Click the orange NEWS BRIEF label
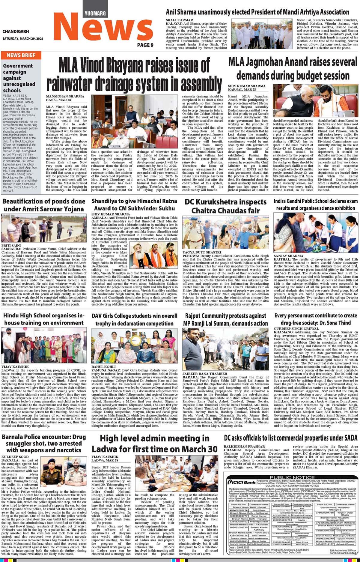(x=21, y=55)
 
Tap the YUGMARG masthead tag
(x=95, y=13)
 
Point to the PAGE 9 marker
(x=145, y=45)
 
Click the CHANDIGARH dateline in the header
(x=16, y=31)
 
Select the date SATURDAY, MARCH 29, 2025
(x=23, y=39)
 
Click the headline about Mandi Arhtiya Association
(x=257, y=12)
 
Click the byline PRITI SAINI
(x=11, y=245)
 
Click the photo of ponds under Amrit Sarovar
(x=44, y=228)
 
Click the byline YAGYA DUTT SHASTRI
(x=202, y=252)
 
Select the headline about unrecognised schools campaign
(x=19, y=78)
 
